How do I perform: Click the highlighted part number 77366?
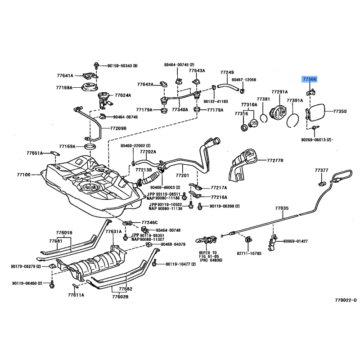pos(309,79)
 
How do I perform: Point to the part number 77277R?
pos(276,160)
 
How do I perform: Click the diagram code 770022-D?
pos(345,300)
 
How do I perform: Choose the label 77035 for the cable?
pos(282,209)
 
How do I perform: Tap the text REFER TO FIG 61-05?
pos(208,256)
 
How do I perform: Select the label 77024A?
pos(123,95)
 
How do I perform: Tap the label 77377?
pos(322,171)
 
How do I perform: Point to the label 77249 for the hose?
pos(227,72)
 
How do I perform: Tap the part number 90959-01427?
pos(296,241)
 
